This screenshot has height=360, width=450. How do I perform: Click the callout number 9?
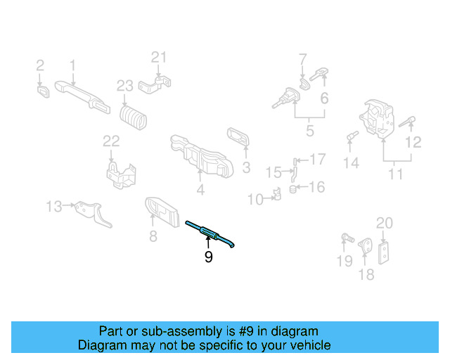(208, 257)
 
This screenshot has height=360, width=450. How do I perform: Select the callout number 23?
(124, 86)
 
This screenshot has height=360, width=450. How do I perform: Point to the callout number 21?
(160, 57)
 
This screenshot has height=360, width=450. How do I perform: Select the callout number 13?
(54, 206)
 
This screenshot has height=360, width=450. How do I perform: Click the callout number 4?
(200, 190)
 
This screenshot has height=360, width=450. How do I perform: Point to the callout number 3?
(246, 168)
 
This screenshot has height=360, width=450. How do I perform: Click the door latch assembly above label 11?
(380, 120)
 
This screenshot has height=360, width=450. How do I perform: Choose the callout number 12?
(413, 143)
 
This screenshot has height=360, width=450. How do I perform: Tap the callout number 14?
(351, 163)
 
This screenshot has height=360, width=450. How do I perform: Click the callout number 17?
(318, 159)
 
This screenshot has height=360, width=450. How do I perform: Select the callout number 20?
(384, 224)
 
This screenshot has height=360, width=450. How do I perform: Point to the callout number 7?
(302, 58)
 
